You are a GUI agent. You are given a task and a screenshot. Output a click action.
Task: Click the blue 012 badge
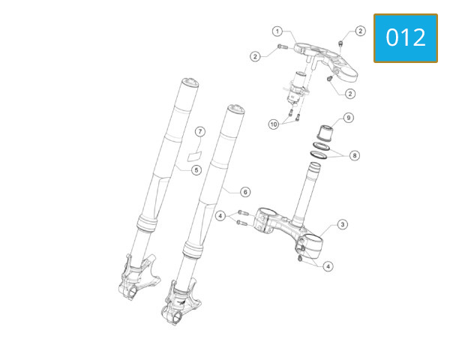point(405,37)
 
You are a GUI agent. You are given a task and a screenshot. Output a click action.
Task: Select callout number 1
point(277,31)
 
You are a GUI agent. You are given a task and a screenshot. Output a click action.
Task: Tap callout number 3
point(342,224)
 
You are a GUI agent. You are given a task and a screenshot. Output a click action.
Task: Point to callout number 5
point(196,170)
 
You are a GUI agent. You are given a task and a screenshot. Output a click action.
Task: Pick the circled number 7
point(199,132)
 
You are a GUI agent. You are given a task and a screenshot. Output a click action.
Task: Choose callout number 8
point(355,156)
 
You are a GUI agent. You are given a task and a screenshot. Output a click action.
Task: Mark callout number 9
point(348,118)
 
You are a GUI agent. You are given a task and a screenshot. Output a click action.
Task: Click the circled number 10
point(273,123)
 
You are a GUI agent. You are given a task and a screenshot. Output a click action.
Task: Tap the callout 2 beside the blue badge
point(360,31)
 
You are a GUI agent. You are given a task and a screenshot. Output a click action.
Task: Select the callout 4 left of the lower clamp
point(220,216)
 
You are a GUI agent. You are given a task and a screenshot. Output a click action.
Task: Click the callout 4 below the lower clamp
point(328,265)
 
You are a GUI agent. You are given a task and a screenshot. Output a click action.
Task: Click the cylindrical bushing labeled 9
point(323,134)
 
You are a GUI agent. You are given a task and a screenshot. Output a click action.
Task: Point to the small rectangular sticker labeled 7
point(194,157)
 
